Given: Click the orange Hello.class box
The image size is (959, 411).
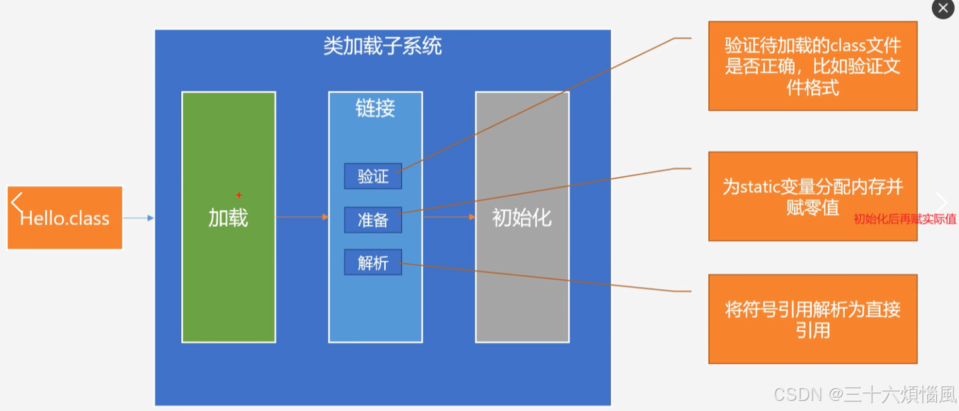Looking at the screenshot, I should tap(64, 218).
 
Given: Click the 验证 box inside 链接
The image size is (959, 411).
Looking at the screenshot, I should tap(373, 176).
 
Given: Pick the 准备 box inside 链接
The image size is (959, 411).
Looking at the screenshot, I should tap(373, 220).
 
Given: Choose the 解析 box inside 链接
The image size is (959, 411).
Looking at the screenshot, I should tap(373, 262).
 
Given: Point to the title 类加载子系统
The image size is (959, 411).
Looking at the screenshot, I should tap(383, 45).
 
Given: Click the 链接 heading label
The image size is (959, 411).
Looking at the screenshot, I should tap(375, 108).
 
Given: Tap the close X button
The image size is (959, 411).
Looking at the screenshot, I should tap(943, 9).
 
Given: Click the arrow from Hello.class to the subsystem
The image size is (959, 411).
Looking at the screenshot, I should tap(138, 218).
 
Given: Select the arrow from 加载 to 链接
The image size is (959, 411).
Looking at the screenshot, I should tap(302, 217).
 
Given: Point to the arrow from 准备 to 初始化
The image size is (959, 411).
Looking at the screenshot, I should tap(449, 217).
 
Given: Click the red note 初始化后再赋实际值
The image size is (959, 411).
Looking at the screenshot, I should tap(905, 219).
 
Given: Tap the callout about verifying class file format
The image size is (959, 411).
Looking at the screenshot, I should tap(813, 66).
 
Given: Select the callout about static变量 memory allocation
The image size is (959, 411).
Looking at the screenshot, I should tap(813, 196).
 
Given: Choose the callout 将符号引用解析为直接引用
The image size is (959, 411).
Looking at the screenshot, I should tap(813, 319).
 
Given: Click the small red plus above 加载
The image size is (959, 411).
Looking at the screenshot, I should tap(239, 196).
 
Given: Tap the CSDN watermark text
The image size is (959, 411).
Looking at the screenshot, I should tap(865, 395).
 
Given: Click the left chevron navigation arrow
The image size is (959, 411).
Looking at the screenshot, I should tap(17, 203).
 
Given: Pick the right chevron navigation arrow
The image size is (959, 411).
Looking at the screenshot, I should tap(942, 203).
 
